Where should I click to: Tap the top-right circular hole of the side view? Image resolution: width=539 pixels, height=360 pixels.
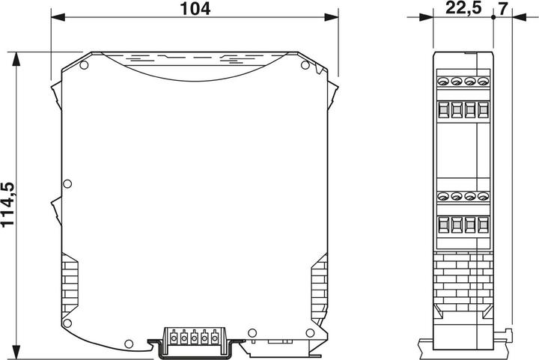305,67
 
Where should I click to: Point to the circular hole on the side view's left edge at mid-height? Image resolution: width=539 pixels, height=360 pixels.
67,183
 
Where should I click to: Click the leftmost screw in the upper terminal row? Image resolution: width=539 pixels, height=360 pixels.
443,81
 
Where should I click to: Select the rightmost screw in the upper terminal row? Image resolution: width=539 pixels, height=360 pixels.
483,81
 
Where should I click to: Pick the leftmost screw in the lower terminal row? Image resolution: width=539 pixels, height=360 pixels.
443,197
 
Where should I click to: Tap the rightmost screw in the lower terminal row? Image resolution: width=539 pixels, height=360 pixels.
483,197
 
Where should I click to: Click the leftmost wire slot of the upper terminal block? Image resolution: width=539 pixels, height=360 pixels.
443,110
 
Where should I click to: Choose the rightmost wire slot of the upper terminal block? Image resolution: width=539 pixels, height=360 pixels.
483,110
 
